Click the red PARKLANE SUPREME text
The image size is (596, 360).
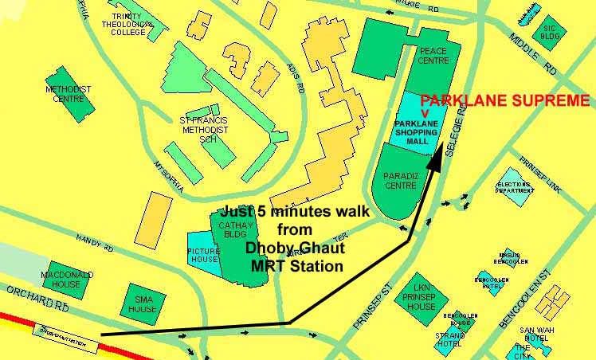pyautogui.click(x=505, y=101)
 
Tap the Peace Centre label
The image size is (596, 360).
pyautogui.click(x=433, y=57)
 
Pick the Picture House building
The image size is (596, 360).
pyautogui.click(x=203, y=253)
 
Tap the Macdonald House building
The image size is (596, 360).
pyautogui.click(x=67, y=279)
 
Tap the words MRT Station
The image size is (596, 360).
pyautogui.click(x=294, y=266)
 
